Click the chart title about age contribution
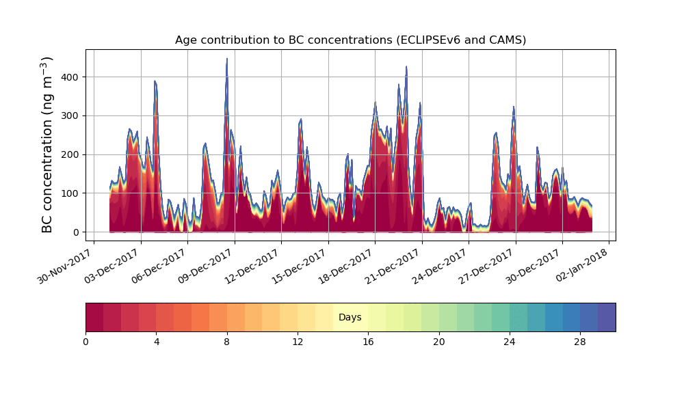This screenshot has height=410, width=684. click(350, 40)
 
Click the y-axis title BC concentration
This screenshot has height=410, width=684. click(47, 145)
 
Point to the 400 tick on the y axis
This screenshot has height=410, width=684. click(70, 77)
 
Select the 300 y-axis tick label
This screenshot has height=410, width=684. click(70, 116)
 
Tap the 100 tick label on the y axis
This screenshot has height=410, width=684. click(70, 193)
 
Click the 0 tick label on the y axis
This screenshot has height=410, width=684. click(75, 232)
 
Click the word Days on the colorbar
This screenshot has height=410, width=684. click(350, 318)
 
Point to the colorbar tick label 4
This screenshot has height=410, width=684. click(157, 342)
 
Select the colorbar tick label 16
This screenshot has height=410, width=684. click(368, 342)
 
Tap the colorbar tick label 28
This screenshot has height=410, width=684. click(580, 342)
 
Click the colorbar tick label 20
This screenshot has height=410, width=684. click(438, 342)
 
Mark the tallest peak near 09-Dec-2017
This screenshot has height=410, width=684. click(227, 59)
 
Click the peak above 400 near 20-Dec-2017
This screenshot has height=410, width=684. click(406, 67)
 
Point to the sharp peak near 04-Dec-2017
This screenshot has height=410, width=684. click(155, 81)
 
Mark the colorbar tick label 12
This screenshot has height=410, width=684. click(298, 342)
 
